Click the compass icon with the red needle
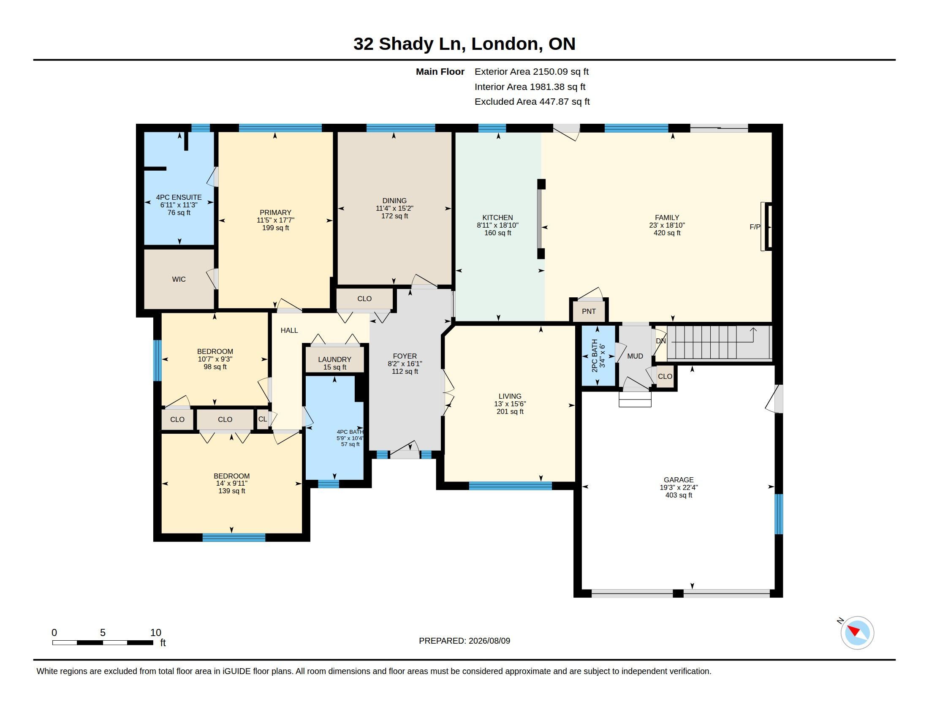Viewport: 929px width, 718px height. click(857, 633)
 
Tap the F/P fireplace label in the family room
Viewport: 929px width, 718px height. click(755, 227)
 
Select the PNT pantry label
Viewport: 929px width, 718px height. click(589, 311)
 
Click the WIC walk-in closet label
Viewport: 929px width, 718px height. click(179, 279)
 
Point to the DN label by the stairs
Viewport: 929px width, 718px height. click(660, 341)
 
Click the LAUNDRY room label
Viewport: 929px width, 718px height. click(335, 359)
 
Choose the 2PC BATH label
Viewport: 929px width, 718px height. click(595, 356)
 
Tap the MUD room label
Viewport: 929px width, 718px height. click(635, 356)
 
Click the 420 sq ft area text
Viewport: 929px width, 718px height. click(667, 233)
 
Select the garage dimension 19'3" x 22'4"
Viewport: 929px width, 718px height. click(679, 487)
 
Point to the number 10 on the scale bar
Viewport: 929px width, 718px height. click(156, 633)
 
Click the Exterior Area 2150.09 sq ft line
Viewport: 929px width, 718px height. click(532, 71)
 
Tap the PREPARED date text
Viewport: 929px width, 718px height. click(465, 641)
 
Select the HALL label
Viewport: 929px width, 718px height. click(289, 330)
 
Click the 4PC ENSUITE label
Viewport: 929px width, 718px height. click(179, 197)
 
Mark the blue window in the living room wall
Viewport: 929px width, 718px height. click(511, 486)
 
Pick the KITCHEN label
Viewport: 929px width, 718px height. click(498, 218)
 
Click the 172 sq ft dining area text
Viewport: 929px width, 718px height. click(394, 216)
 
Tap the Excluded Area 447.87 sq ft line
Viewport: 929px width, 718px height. click(532, 102)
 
